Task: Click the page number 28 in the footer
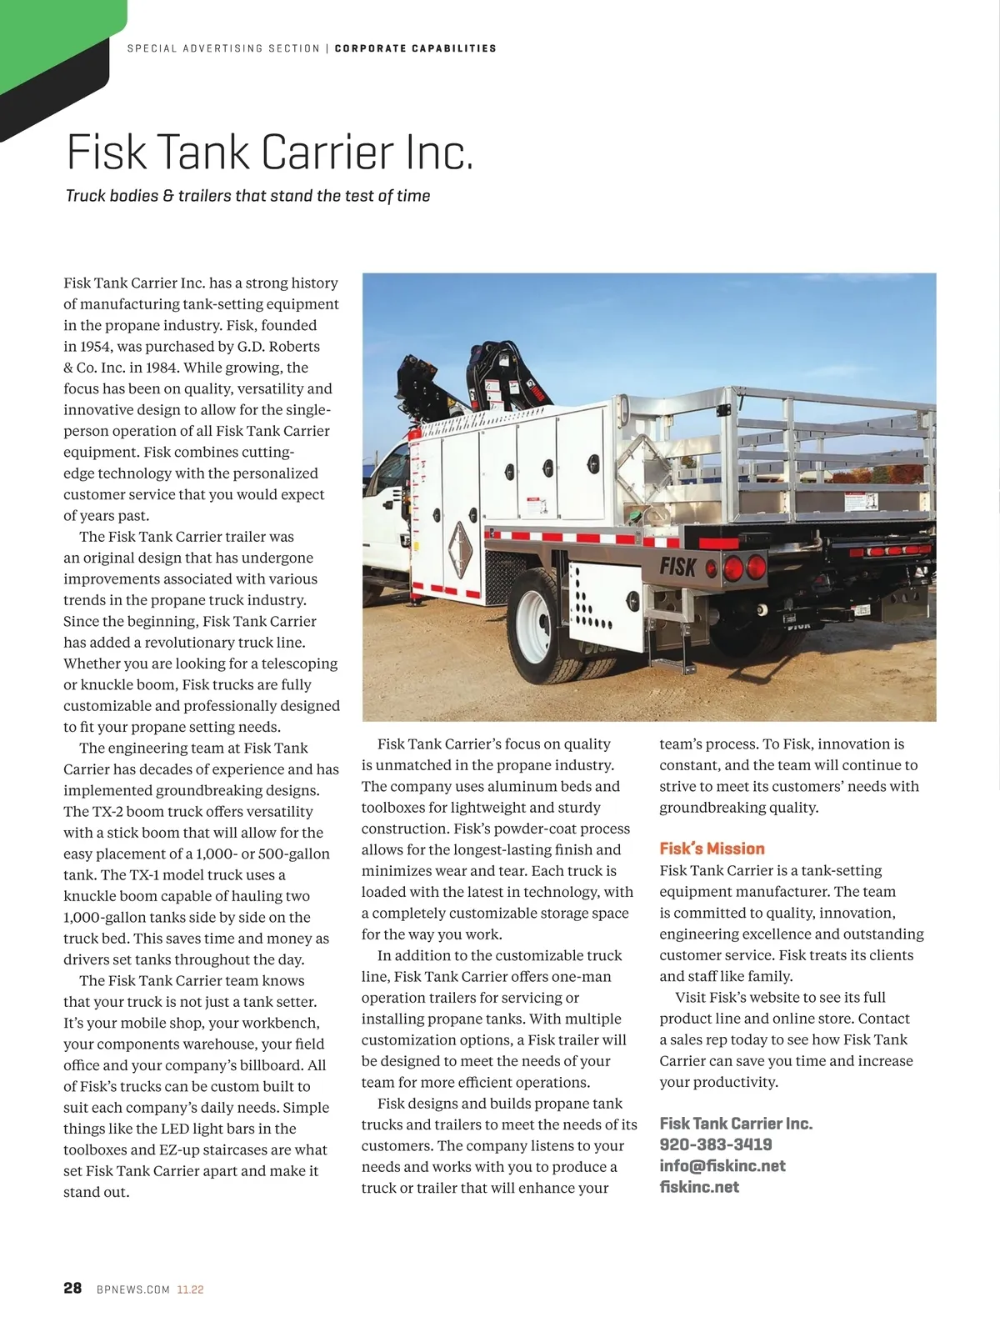pyautogui.click(x=72, y=1288)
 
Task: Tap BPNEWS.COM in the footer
pyautogui.click(x=133, y=1289)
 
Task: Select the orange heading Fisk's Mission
pyautogui.click(x=712, y=849)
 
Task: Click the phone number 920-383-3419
pyautogui.click(x=715, y=1144)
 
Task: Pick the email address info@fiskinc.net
pyautogui.click(x=722, y=1165)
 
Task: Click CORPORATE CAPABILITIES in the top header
pyautogui.click(x=415, y=48)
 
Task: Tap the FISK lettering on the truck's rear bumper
pyautogui.click(x=677, y=567)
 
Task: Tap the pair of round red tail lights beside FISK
pyautogui.click(x=744, y=568)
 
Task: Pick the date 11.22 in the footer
pyautogui.click(x=190, y=1289)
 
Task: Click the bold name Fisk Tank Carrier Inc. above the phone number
pyautogui.click(x=735, y=1123)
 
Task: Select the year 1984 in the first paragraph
pyautogui.click(x=161, y=368)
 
